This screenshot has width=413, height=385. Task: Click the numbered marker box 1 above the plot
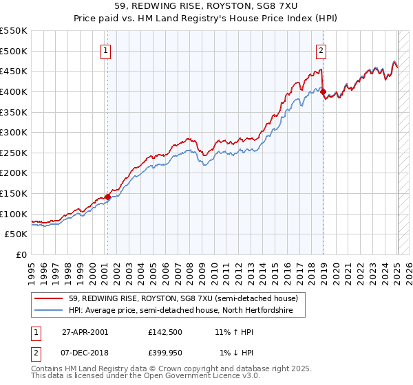[107, 49]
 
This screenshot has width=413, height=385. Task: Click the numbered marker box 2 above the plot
[321, 49]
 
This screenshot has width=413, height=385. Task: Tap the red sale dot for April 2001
[107, 197]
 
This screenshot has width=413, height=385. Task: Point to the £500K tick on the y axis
[14, 51]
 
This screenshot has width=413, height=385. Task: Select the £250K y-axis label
[14, 153]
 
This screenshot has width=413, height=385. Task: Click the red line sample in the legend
[49, 298]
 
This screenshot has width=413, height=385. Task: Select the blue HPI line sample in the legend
[49, 311]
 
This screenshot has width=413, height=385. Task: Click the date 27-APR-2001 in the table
[85, 331]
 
